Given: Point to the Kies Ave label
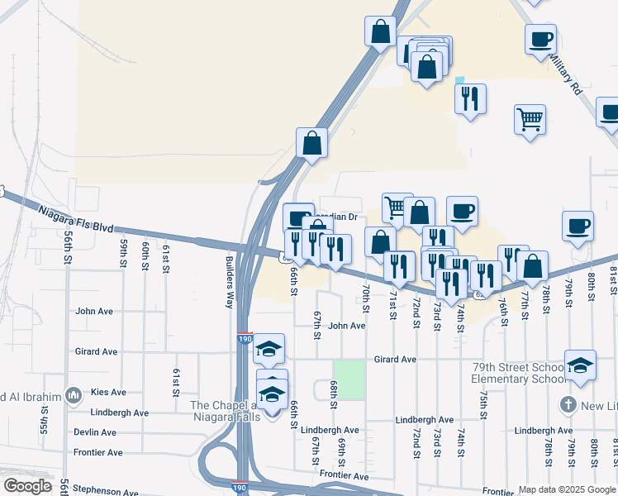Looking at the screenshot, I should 109,392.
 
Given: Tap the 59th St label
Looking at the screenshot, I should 123,253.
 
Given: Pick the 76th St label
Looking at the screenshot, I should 502,305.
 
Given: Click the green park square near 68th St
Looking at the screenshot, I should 349,379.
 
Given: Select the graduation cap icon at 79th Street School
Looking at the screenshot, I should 580,365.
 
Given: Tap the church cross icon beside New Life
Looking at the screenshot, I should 568,405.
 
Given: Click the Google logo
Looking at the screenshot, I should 27,486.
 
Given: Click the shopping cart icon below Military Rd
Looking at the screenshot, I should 530,117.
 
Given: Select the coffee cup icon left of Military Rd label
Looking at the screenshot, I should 540,39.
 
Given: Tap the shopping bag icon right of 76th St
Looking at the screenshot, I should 533,266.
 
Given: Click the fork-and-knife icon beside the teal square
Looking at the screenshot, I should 470,98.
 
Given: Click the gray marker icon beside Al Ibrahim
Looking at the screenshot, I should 74,396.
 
